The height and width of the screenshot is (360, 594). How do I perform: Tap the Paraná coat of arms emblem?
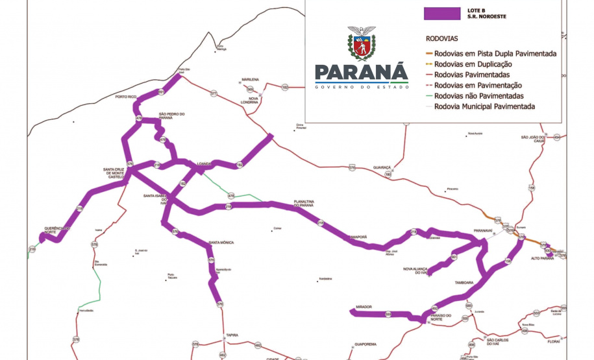[x=362, y=43]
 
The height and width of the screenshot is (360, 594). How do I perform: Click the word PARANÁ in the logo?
[x=361, y=71]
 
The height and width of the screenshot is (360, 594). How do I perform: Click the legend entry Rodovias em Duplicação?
[x=473, y=64]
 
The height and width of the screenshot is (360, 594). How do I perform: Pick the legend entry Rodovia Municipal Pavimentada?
[x=485, y=106]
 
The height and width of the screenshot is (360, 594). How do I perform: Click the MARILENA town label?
[x=250, y=79]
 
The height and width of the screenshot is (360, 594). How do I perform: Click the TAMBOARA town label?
[x=464, y=283]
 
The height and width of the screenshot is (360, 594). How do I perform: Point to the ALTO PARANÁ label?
[x=543, y=258]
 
